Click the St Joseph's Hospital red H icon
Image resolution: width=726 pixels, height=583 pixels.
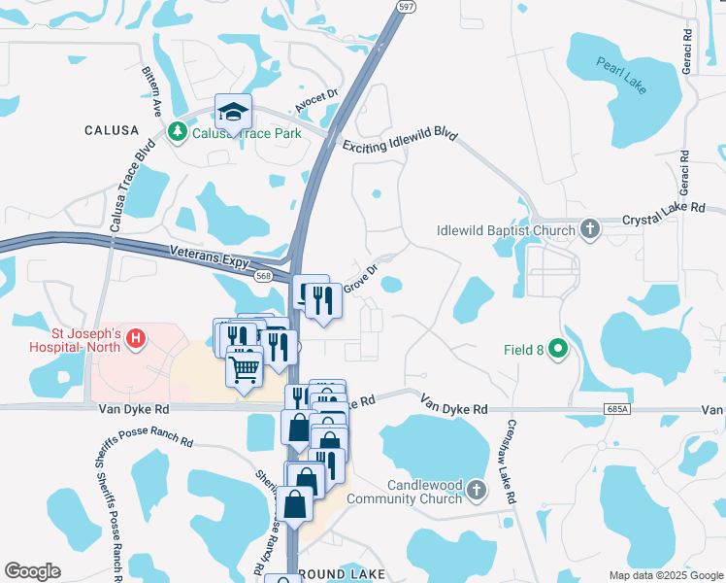pos(137,339)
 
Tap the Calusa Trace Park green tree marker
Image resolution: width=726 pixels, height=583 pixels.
pos(178,131)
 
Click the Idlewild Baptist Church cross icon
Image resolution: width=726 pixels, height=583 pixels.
pos(589,229)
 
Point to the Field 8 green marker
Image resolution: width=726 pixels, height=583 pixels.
pos(557,347)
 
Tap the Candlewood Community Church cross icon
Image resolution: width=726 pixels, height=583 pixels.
pos(476,491)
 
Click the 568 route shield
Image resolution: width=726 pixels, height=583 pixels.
pos(263,276)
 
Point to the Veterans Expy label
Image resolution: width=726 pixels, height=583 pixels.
pos(211,257)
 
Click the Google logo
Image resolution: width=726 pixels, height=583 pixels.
pos(32,571)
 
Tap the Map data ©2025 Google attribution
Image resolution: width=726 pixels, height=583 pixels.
pos(665,575)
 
